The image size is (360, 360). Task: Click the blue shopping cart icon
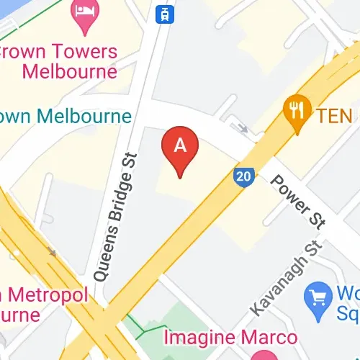(x=318, y=294)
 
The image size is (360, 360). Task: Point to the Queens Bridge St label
(x=112, y=215)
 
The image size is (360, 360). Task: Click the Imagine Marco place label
(x=230, y=337)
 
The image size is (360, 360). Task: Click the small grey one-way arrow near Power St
(x=243, y=129)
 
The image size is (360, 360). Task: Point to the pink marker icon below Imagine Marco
(x=262, y=355)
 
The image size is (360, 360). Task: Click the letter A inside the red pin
(x=180, y=145)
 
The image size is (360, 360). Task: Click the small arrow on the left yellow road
(x=51, y=252)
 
